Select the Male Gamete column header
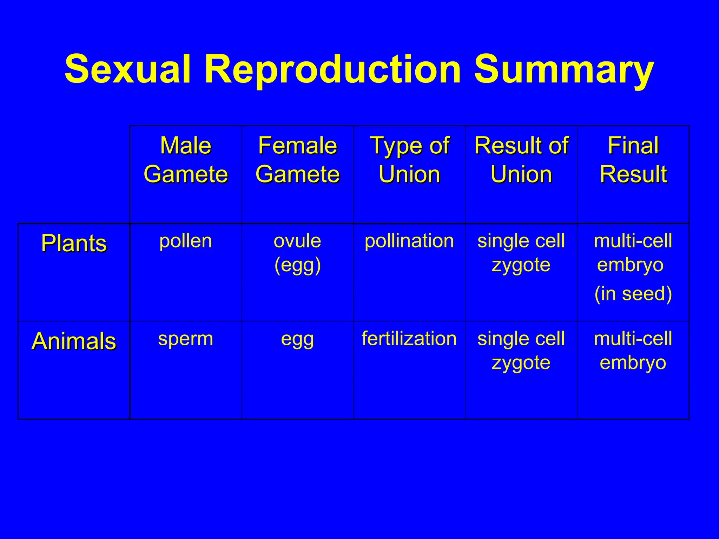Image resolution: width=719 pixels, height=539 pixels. pyautogui.click(x=186, y=160)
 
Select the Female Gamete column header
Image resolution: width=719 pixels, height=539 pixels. pyautogui.click(x=297, y=160)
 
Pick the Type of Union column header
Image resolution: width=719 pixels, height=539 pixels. pyautogui.click(x=409, y=160)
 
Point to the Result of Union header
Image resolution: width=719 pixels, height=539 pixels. pyautogui.click(x=521, y=160)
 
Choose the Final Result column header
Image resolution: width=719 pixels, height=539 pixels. pyautogui.click(x=633, y=160)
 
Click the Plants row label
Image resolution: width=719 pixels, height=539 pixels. pyautogui.click(x=74, y=243)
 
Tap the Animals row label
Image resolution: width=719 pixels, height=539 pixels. pyautogui.click(x=74, y=341)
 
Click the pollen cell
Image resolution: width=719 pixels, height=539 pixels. pyautogui.click(x=186, y=241)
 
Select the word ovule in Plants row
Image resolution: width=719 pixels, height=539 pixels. pyautogui.click(x=297, y=241)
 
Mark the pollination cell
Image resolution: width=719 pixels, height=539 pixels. pyautogui.click(x=409, y=241)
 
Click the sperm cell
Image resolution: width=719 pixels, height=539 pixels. pyautogui.click(x=186, y=339)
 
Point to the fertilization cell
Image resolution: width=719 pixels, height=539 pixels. pyautogui.click(x=409, y=339)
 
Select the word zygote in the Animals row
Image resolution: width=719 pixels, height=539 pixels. pyautogui.click(x=521, y=363)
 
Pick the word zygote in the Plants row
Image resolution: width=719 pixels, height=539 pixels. pyautogui.click(x=521, y=265)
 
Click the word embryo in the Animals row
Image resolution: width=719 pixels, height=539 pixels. pyautogui.click(x=633, y=362)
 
